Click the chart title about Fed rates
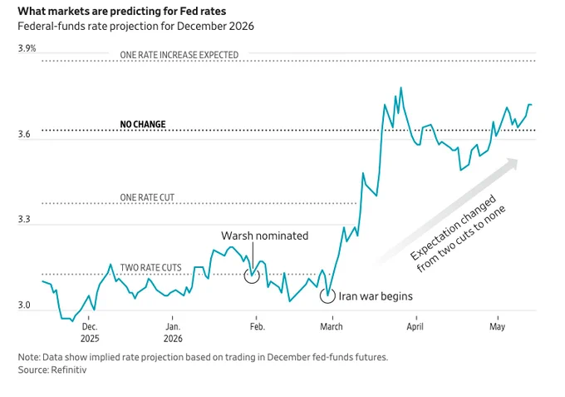[x=122, y=11]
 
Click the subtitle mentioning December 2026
[x=135, y=27]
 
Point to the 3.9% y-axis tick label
[x=27, y=48]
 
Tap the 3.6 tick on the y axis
[x=24, y=135]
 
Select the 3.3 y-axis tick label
[x=24, y=220]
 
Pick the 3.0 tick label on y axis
[x=24, y=305]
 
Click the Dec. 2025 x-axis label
[x=90, y=332]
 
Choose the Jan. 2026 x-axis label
[x=173, y=332]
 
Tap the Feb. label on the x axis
[x=258, y=326]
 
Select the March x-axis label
[x=332, y=326]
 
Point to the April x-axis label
[x=415, y=326]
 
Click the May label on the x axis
[x=497, y=327]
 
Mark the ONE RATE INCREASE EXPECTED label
[x=179, y=55]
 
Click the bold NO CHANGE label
[x=143, y=124]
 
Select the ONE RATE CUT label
[x=147, y=197]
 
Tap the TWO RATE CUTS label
[x=150, y=267]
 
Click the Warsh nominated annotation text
[x=265, y=236]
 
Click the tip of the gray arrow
[x=518, y=159]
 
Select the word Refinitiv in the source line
[x=69, y=370]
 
